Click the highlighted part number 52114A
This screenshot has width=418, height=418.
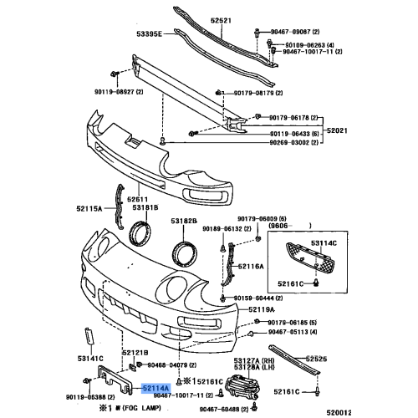(155, 389)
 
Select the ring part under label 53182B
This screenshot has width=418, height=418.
(184, 252)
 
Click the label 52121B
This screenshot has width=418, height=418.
(135, 354)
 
